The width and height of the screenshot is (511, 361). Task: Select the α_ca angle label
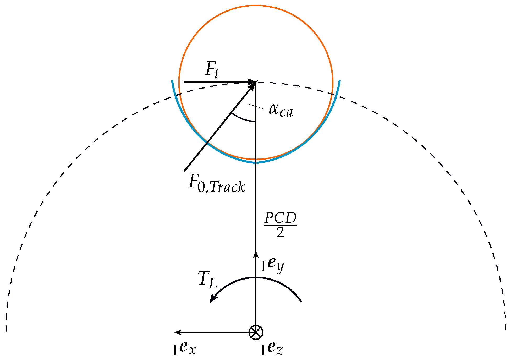tap(281, 110)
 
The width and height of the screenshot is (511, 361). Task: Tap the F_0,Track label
tap(217, 184)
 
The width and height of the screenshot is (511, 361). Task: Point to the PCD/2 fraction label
tap(280, 225)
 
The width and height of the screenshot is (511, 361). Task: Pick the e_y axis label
tap(273, 265)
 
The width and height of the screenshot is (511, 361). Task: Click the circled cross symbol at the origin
tap(256, 332)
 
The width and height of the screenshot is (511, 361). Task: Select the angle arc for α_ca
tap(242, 119)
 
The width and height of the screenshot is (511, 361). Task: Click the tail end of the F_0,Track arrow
tap(185, 171)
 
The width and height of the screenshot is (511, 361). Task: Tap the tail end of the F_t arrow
tap(184, 82)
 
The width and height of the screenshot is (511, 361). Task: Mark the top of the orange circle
tap(256, 6)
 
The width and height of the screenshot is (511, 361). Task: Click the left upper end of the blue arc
tap(172, 80)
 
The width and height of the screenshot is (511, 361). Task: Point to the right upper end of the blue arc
tap(340, 80)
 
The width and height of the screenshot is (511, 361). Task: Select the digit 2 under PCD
tap(280, 232)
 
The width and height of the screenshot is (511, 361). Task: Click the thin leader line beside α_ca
tap(256, 106)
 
